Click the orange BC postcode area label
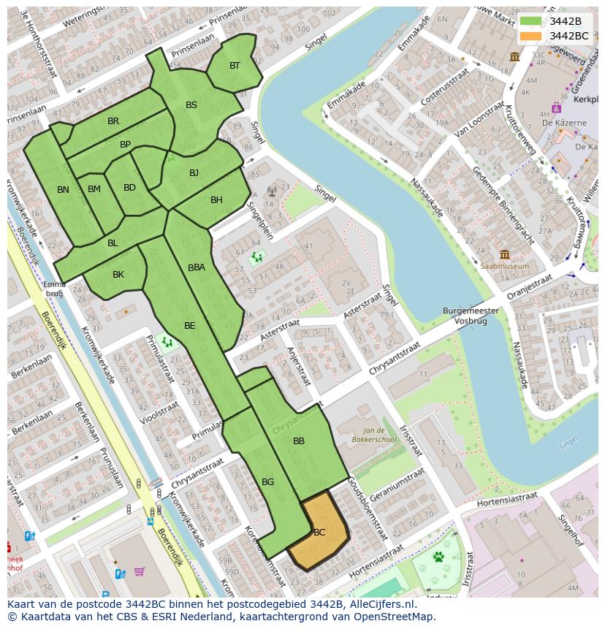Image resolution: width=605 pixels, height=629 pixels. (319, 532)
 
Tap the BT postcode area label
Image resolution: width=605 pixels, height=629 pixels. (235, 66)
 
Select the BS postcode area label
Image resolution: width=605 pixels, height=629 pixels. (191, 105)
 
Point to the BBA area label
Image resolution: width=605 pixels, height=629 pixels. (197, 267)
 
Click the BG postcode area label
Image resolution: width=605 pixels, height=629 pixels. (267, 481)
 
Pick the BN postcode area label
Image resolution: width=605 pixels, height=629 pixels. (64, 190)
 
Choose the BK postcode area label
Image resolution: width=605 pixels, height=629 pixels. (118, 275)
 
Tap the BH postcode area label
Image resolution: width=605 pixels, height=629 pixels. (216, 200)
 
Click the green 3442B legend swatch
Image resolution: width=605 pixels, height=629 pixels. (530, 21)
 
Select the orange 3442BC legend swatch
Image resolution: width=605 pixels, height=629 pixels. (530, 36)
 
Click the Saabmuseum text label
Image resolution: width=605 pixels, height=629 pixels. (504, 267)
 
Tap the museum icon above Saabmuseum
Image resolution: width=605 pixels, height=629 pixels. (504, 254)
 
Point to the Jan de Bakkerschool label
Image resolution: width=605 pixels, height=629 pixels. (378, 436)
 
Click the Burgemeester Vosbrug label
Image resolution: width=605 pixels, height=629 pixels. (471, 316)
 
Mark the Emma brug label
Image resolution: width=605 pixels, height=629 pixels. (54, 288)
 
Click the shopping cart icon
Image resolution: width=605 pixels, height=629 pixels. (139, 572)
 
